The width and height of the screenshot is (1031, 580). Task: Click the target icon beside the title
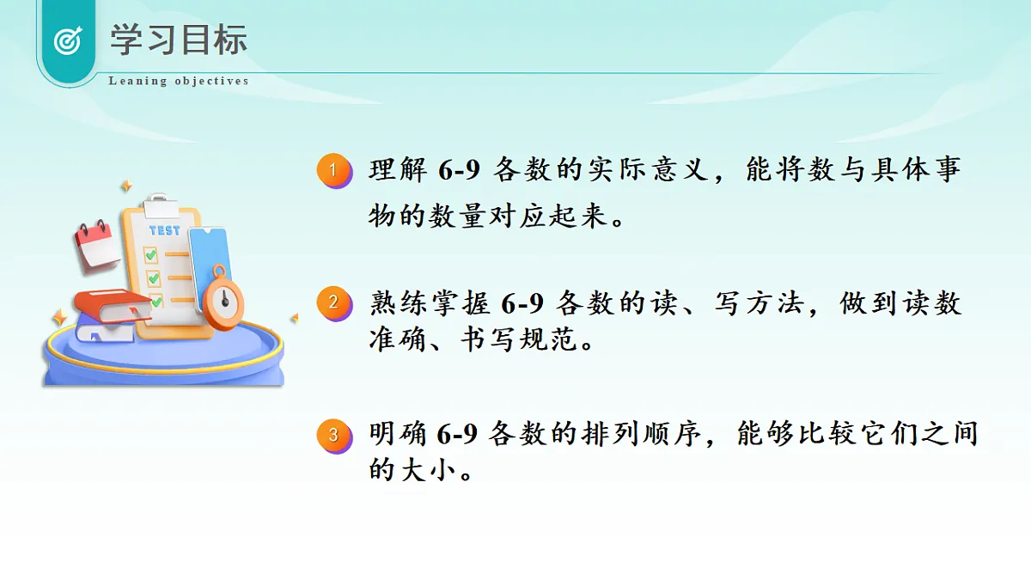67,40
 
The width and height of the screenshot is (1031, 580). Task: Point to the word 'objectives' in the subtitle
211,81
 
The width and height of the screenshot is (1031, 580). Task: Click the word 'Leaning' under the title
137,81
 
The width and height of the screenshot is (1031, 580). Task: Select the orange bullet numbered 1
333,170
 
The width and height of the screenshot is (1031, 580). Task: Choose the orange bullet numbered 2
333,303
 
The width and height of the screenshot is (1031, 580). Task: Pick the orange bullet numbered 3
333,435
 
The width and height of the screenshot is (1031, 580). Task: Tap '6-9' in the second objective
522,304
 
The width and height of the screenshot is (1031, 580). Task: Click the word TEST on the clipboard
164,230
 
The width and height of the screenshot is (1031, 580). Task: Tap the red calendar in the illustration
96,244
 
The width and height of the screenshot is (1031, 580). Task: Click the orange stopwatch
223,301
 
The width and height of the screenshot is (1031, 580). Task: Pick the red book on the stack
112,305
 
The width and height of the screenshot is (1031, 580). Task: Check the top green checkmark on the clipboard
151,254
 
